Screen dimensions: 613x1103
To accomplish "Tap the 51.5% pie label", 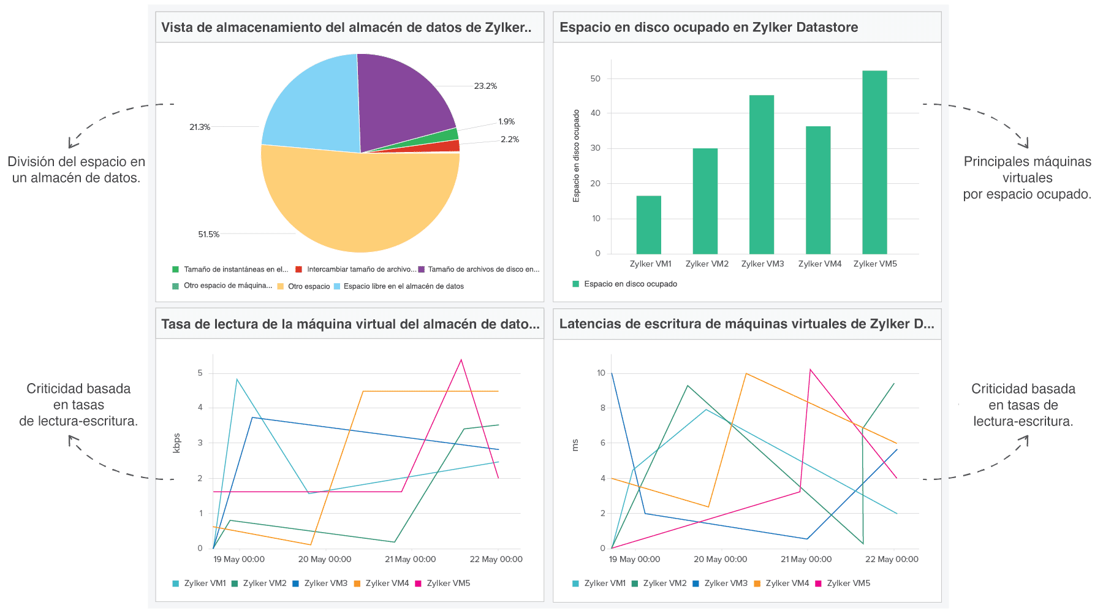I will (x=208, y=234).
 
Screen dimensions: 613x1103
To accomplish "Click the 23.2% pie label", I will (x=485, y=86).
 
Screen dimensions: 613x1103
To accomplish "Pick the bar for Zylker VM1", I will (x=648, y=225).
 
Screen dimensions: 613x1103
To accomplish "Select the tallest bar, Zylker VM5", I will (x=874, y=162).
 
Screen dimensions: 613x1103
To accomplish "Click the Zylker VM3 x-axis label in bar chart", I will (x=762, y=264).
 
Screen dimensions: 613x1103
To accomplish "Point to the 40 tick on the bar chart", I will (x=595, y=113).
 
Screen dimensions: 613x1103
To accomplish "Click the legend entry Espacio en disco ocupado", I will (x=630, y=284).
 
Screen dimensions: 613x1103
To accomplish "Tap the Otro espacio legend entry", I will (x=308, y=286).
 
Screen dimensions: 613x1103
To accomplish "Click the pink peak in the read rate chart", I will (x=461, y=360).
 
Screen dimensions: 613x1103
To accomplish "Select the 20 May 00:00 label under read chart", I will (x=325, y=559).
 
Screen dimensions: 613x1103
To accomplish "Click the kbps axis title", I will (x=176, y=443).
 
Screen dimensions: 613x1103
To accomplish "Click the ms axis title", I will (x=575, y=445).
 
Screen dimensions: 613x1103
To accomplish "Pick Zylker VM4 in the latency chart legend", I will (x=787, y=583).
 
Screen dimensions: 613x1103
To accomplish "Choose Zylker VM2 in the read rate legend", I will (x=264, y=583).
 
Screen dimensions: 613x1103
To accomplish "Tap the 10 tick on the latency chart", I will (x=601, y=373).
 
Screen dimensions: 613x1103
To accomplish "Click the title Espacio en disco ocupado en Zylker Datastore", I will (x=708, y=28).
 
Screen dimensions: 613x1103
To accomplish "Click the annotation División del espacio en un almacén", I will (x=76, y=170).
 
